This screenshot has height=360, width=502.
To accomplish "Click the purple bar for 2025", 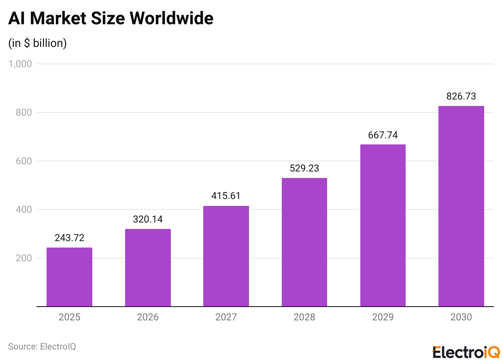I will pyautogui.click(x=69, y=277).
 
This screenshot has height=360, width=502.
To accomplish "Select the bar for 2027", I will pyautogui.click(x=226, y=256).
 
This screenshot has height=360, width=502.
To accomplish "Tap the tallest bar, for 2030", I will pyautogui.click(x=461, y=206).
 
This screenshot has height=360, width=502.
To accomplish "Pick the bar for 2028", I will pyautogui.click(x=304, y=242).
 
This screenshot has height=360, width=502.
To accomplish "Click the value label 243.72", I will pyautogui.click(x=69, y=238).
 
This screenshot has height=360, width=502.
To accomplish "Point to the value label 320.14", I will pyautogui.click(x=148, y=219).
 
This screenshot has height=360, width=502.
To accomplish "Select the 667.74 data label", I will pyautogui.click(x=383, y=135).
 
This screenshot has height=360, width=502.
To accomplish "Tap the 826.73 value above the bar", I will pyautogui.click(x=461, y=96).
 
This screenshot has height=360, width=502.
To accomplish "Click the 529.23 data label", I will pyautogui.click(x=304, y=168).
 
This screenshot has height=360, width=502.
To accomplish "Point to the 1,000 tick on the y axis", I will pyautogui.click(x=20, y=64).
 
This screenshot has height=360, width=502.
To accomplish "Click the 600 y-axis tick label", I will pyautogui.click(x=23, y=161).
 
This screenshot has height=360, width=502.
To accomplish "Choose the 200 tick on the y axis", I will pyautogui.click(x=23, y=258).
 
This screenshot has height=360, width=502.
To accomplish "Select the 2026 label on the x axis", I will pyautogui.click(x=148, y=317).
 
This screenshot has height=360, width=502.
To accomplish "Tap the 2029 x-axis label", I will pyautogui.click(x=383, y=317).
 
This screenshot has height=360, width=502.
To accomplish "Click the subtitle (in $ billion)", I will pyautogui.click(x=37, y=43).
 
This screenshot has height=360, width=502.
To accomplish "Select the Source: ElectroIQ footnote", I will pyautogui.click(x=42, y=346).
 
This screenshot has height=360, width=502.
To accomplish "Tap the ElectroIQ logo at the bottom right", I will pyautogui.click(x=466, y=352).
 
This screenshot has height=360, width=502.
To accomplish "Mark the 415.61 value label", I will pyautogui.click(x=226, y=196).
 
